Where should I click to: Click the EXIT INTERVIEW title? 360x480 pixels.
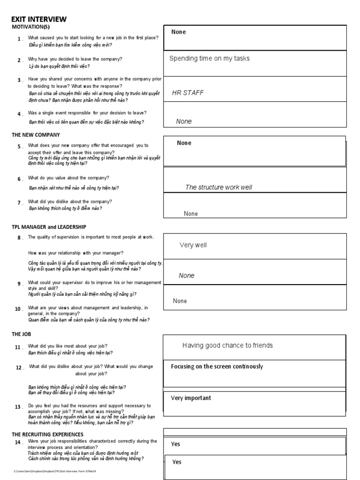(x=39, y=19)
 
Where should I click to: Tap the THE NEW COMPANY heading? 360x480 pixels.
(x=36, y=135)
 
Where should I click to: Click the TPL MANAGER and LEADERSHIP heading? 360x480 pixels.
(x=49, y=227)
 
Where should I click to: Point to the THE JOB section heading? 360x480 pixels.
(x=22, y=334)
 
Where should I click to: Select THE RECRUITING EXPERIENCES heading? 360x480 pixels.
(x=47, y=435)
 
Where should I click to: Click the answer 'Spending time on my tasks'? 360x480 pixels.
(x=209, y=59)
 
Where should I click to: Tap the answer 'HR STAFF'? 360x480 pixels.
(x=187, y=93)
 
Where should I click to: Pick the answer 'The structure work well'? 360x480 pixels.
(x=218, y=187)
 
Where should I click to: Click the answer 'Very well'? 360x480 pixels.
(x=193, y=245)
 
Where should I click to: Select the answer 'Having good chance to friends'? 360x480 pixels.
(x=227, y=345)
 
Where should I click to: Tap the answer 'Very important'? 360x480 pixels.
(x=191, y=398)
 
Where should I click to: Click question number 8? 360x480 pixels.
(x=20, y=238)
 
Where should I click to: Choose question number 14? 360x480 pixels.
(x=18, y=442)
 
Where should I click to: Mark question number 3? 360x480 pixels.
(x=20, y=80)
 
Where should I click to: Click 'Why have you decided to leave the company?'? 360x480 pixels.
(x=75, y=59)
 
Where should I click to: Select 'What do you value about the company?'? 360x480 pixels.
(x=68, y=178)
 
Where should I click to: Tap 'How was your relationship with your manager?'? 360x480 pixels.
(x=75, y=253)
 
